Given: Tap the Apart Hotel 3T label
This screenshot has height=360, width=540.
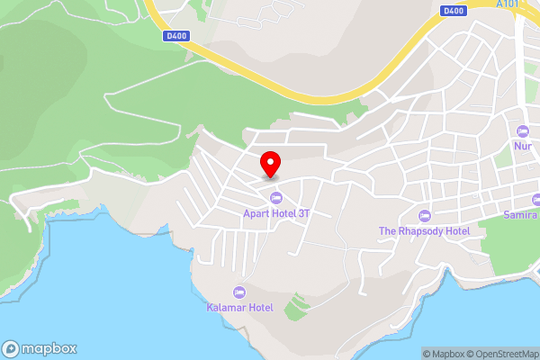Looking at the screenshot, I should (x=277, y=213).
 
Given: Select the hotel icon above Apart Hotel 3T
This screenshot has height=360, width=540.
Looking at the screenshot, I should (x=274, y=197).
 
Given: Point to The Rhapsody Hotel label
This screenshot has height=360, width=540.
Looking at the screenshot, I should (x=424, y=231).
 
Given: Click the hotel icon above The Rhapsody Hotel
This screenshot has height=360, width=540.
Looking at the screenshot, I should (x=425, y=215).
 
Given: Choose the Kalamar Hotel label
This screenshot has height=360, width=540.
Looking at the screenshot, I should (x=239, y=308).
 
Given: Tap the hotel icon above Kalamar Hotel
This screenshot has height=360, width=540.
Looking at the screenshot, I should (x=239, y=292).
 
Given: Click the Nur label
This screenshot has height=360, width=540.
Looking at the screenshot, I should (x=523, y=146).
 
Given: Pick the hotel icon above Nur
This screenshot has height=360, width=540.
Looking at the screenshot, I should (x=523, y=130).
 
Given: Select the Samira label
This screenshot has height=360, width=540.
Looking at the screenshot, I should (x=521, y=215).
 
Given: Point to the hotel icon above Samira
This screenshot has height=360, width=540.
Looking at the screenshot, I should (x=536, y=200).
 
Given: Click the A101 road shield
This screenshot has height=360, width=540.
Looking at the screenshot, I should (x=508, y=4).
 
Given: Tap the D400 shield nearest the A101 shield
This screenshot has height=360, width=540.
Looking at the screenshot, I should (x=453, y=11).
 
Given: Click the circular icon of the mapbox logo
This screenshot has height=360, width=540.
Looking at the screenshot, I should (x=12, y=348).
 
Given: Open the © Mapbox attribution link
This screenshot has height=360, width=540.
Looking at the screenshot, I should (x=445, y=354).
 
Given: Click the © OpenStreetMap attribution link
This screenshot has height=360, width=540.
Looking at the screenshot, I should (x=502, y=354).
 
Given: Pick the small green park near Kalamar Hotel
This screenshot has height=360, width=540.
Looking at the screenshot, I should (x=295, y=310).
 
